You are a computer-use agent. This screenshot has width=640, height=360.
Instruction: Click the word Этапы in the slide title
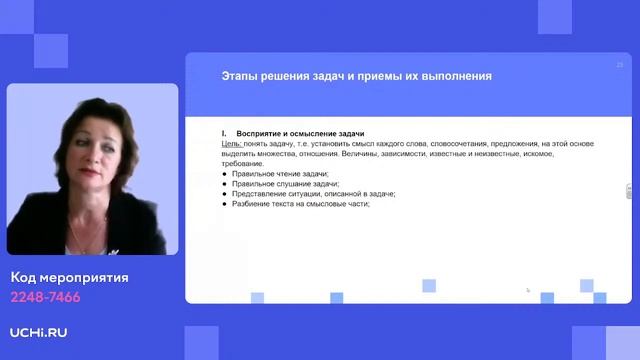(x=238, y=76)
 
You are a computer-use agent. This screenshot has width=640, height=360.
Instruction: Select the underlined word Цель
(x=231, y=144)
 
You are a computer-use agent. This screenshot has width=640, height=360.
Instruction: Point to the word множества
(x=277, y=154)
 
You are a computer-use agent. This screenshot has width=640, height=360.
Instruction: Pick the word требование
(x=243, y=164)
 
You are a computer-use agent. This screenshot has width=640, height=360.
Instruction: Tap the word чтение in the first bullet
(x=286, y=174)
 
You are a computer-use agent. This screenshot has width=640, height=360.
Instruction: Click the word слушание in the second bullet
(x=289, y=184)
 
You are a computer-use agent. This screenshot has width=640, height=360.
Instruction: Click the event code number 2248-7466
(x=45, y=297)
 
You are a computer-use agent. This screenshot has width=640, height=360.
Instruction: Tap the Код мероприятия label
(x=70, y=278)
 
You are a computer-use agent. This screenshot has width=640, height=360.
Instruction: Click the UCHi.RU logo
(x=39, y=331)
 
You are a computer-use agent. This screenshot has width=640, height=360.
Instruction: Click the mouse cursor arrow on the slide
(x=528, y=290)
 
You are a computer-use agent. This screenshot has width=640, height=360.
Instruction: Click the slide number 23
(x=619, y=64)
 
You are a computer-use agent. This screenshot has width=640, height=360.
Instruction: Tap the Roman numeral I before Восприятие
(x=223, y=133)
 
